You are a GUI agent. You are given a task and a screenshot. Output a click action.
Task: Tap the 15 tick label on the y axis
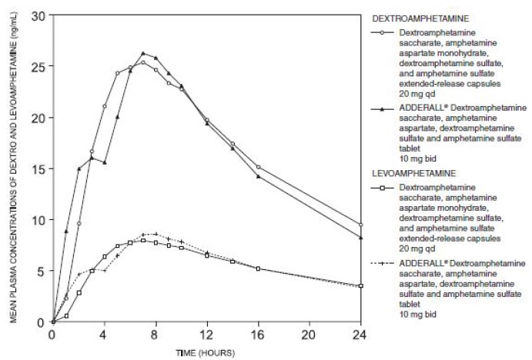coord(40,168)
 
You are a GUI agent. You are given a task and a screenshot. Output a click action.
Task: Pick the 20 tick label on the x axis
coord(309,335)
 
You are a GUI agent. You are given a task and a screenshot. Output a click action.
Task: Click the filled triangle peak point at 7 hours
coord(143,54)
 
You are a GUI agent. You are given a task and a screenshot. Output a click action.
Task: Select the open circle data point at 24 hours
coord(361,225)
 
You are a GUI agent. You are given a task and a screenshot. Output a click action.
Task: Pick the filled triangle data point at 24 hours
coord(361,238)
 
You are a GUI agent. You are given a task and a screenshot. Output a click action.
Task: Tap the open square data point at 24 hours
coord(361,285)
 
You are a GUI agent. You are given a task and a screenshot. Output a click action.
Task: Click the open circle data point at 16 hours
coord(258,167)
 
